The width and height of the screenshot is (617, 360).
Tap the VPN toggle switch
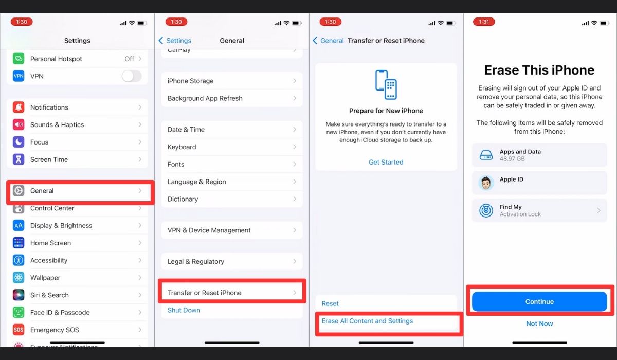tap(132, 76)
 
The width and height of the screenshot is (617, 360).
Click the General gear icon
tap(19, 191)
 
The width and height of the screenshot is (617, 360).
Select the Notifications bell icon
tap(19, 107)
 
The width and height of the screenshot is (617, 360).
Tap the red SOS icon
tap(19, 330)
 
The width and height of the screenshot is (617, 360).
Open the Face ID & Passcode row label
tap(60, 312)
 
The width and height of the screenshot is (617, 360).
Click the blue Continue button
tap(539, 301)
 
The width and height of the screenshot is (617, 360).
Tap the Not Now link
tap(539, 323)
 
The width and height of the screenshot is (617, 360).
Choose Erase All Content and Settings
tap(367, 321)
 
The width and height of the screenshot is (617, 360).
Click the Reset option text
tap(330, 303)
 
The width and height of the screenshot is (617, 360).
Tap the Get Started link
tap(386, 162)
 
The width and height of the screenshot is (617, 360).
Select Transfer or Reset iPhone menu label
tap(205, 293)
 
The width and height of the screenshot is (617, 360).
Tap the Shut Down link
tap(184, 310)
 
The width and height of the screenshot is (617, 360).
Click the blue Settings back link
tap(175, 41)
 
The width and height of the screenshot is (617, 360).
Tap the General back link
tap(329, 41)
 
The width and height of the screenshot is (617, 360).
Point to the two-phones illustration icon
tap(386, 84)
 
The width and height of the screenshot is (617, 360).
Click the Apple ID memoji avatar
tap(486, 183)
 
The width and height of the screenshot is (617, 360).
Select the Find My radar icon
tap(486, 210)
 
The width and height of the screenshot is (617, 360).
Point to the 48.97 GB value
tap(512, 159)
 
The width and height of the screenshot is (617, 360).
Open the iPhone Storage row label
tap(190, 81)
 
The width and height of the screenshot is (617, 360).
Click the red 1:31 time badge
tap(484, 22)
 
